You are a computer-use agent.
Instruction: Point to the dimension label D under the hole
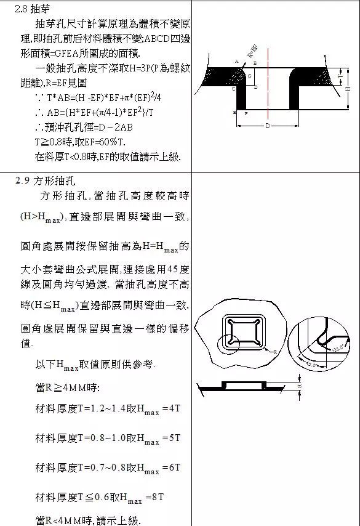268,126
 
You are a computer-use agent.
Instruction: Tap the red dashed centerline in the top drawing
268,92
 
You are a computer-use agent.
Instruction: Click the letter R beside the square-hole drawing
274,350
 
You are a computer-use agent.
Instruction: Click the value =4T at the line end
171,409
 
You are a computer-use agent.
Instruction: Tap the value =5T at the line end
171,438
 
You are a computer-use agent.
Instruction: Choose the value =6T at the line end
171,467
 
